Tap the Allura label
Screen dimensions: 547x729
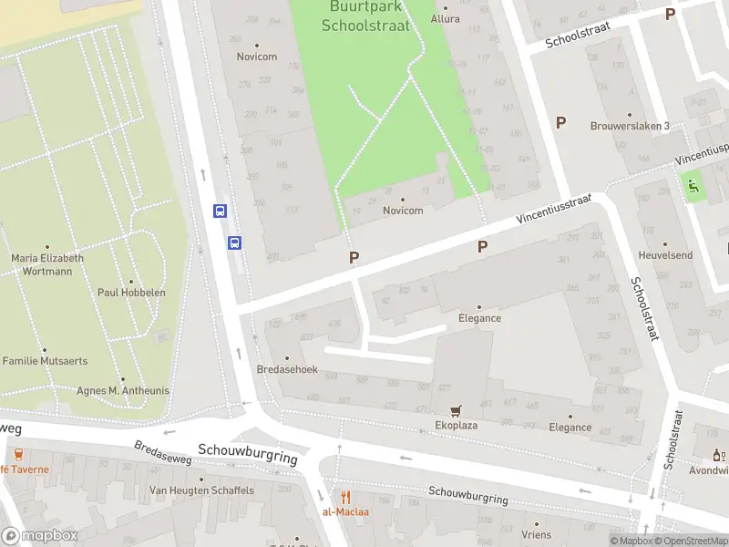[x=446, y=18]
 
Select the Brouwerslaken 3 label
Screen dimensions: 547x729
[x=630, y=126]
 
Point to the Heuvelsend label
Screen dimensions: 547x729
[x=665, y=256]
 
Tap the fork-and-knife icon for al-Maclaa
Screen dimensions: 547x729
[x=345, y=497]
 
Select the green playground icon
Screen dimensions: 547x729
[x=693, y=186]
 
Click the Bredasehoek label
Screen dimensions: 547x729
[x=287, y=369]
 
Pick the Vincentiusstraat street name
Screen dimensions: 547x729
[x=554, y=209]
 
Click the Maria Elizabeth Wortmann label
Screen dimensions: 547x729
[x=47, y=264]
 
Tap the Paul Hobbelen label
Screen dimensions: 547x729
[x=131, y=293]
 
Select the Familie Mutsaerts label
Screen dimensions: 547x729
[x=45, y=361]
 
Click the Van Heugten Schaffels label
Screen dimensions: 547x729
[x=200, y=490]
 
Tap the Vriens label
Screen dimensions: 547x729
[x=536, y=535]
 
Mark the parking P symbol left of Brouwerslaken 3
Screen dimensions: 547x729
[x=560, y=122]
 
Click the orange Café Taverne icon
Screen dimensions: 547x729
[x=17, y=454]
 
